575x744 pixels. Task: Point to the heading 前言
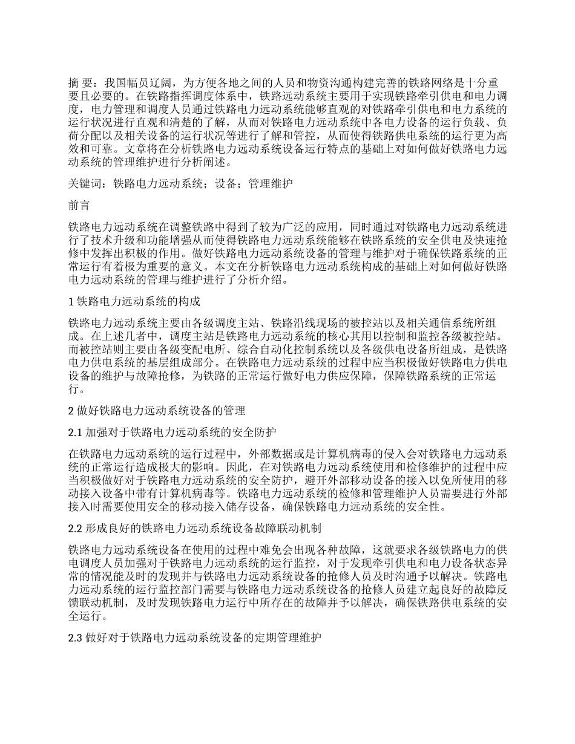click(x=79, y=206)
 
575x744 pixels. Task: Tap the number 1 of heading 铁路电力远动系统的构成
click(x=71, y=301)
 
